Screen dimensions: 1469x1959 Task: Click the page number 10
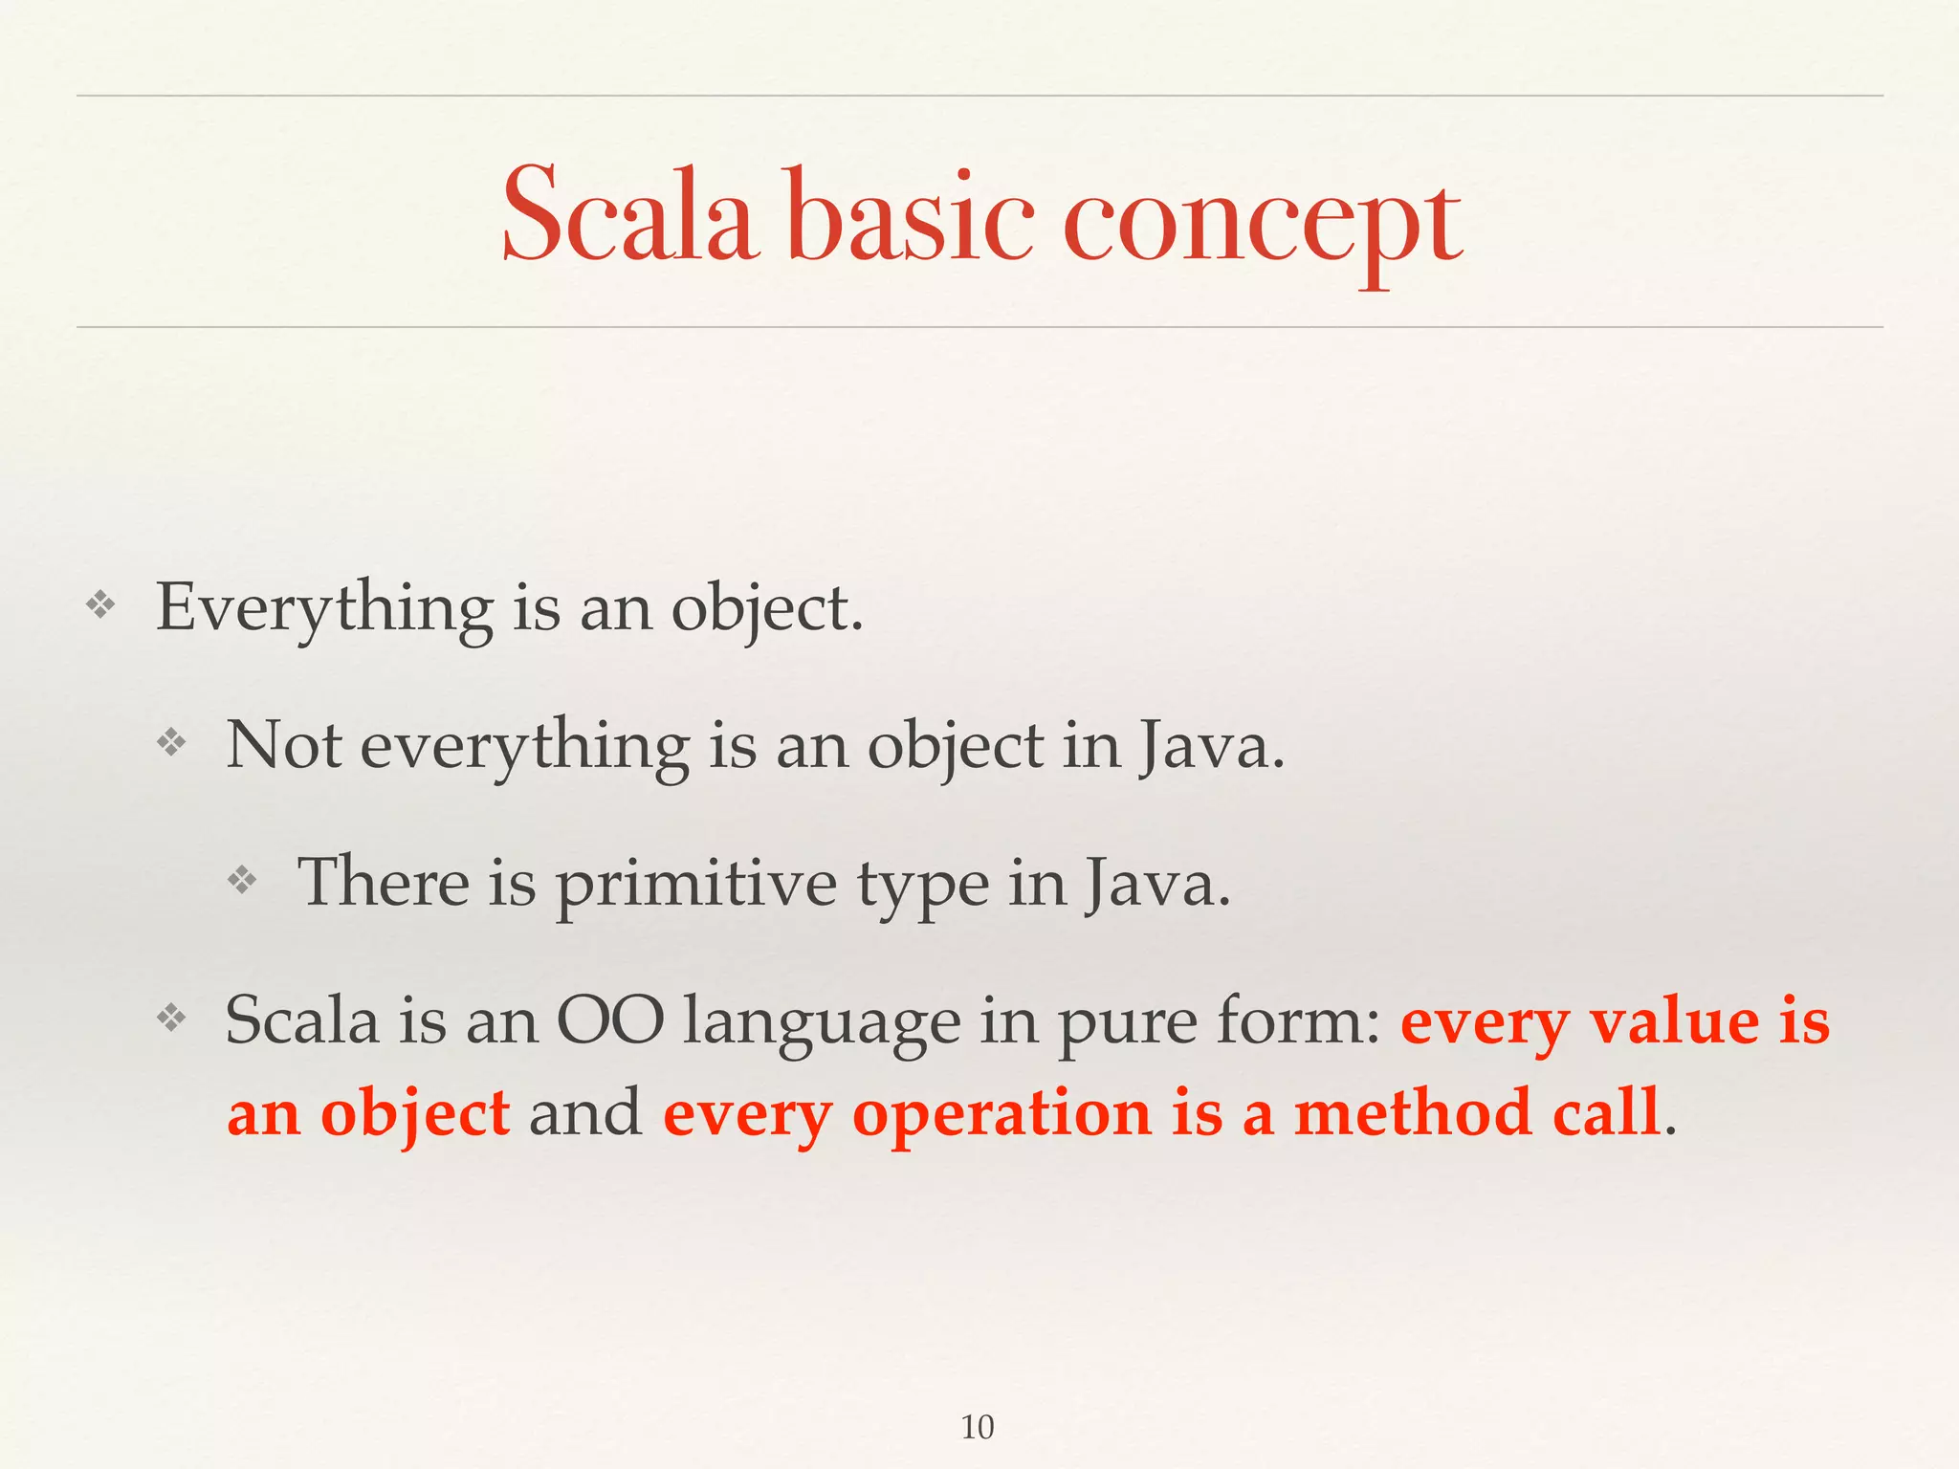[x=977, y=1427]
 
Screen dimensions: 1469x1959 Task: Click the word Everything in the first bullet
[x=324, y=608]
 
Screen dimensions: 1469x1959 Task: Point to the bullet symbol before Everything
[x=100, y=604]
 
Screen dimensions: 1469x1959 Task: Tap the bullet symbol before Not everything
[x=171, y=742]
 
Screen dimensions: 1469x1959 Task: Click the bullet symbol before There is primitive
[x=242, y=880]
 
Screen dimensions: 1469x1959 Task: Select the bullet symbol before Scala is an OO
[x=171, y=1018]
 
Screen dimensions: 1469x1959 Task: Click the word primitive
[x=695, y=885]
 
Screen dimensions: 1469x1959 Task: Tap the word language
[x=822, y=1024]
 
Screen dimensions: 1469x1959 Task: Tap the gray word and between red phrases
[x=585, y=1113]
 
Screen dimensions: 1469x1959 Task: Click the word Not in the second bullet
[x=283, y=746]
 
